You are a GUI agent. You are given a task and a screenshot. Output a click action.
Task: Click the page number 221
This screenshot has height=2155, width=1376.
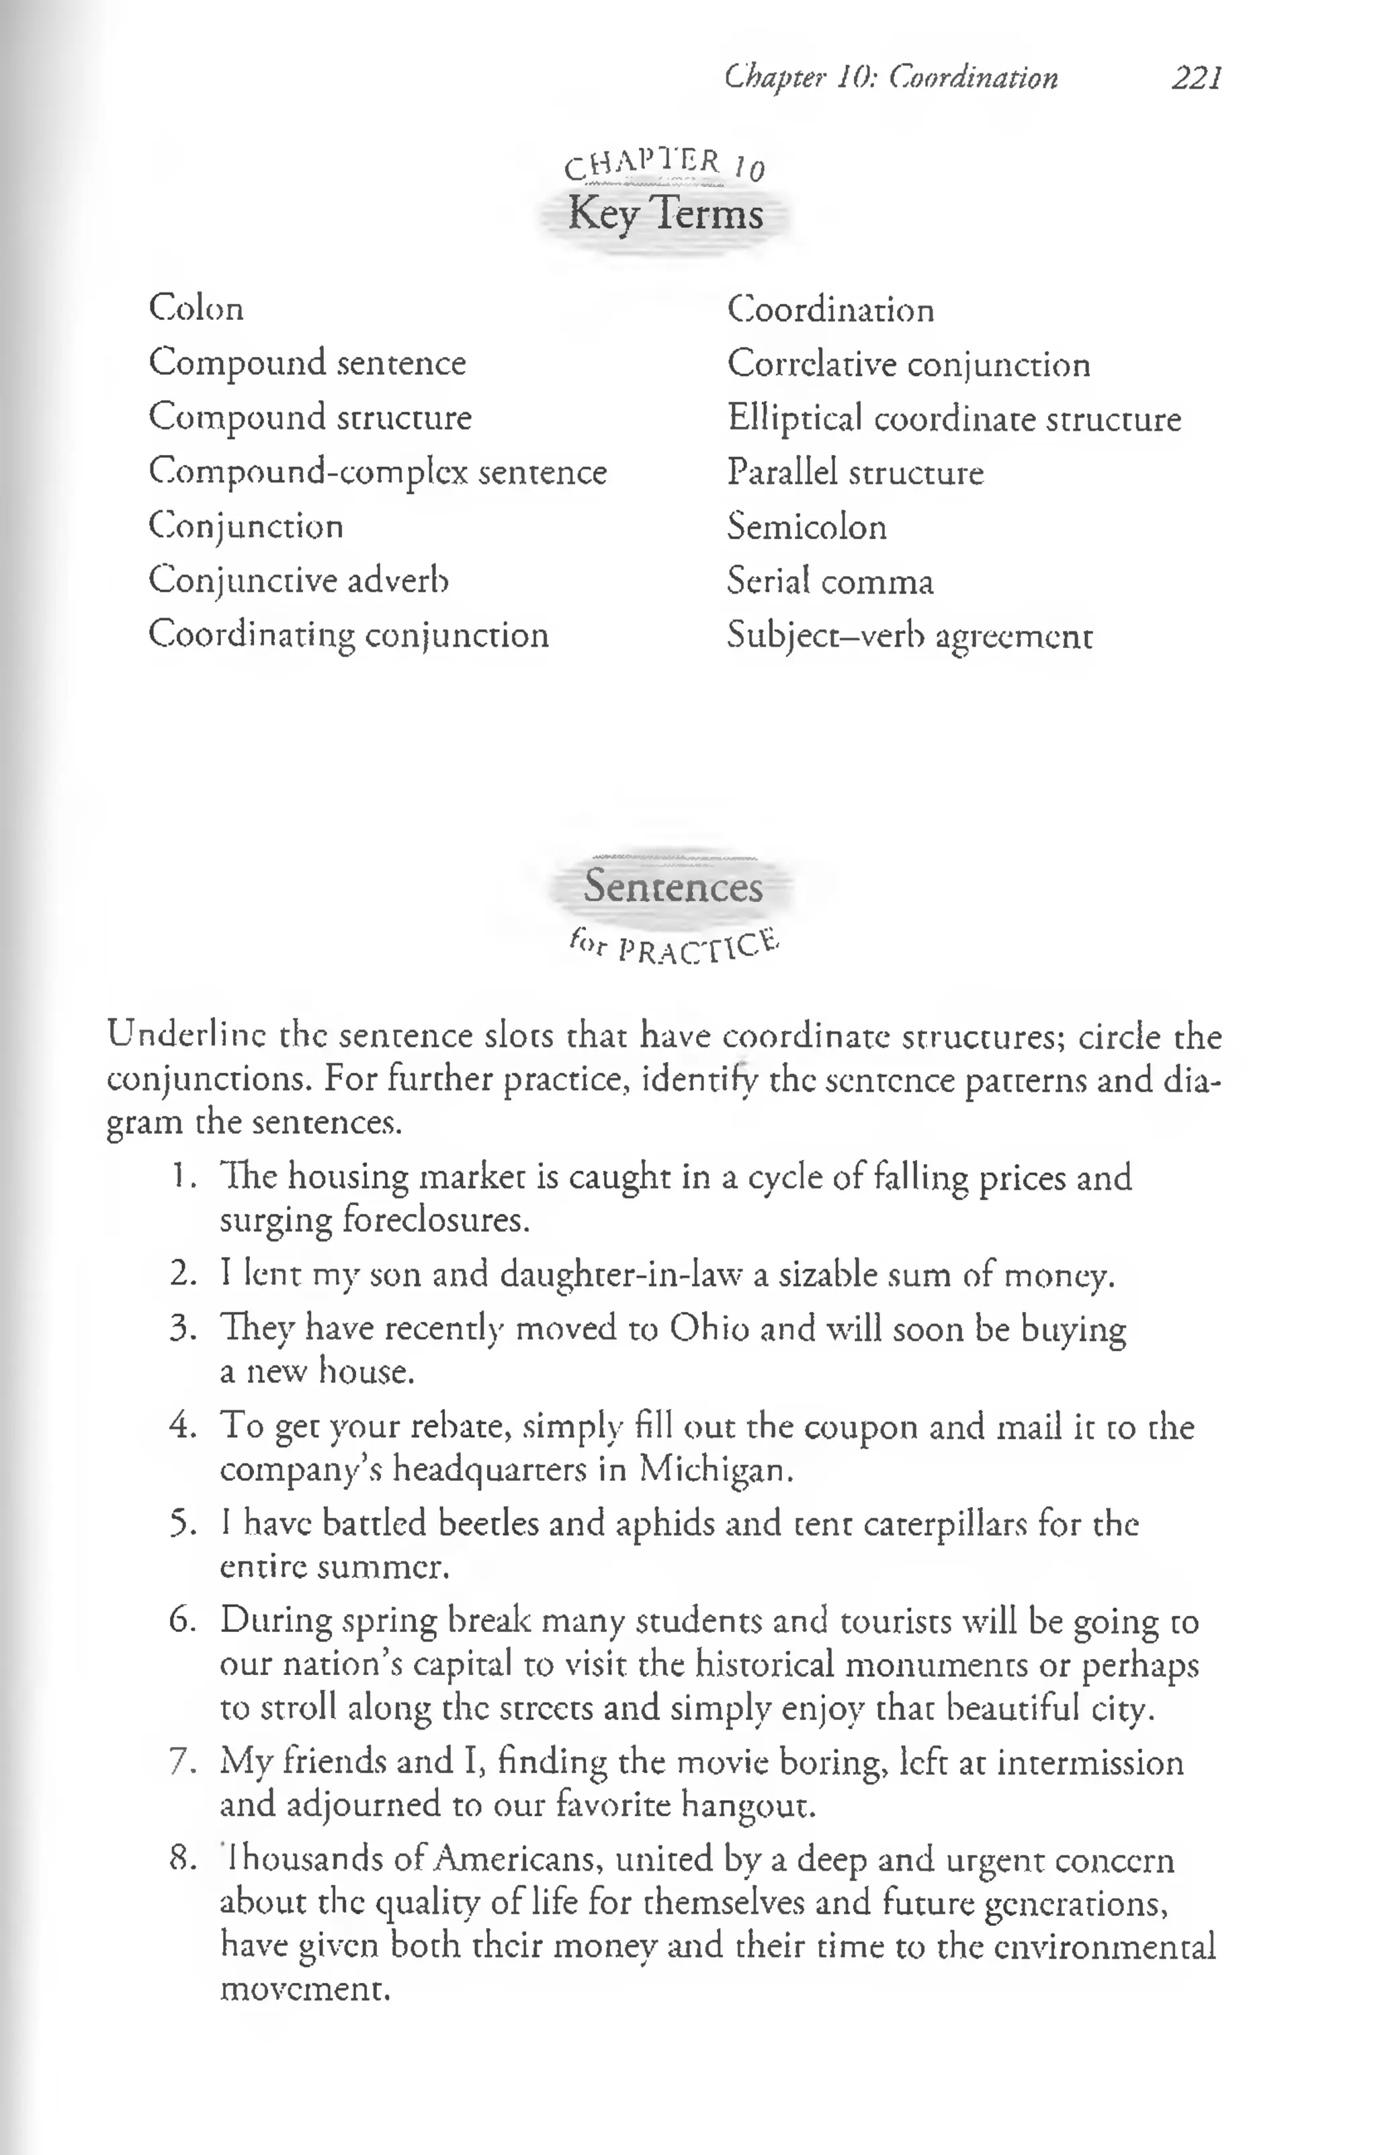point(1196,79)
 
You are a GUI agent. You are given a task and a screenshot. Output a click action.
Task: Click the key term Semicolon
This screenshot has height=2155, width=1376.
point(806,526)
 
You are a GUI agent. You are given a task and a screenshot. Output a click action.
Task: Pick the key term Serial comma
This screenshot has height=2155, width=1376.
point(829,581)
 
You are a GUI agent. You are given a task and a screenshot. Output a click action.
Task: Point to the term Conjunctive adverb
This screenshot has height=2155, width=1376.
point(298,581)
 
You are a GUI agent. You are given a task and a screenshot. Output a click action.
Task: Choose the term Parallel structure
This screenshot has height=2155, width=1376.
point(855,473)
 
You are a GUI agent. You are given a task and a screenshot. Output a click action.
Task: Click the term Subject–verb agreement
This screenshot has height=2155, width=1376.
point(909,637)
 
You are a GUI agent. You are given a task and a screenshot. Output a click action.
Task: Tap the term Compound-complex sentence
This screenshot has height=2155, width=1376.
point(378,472)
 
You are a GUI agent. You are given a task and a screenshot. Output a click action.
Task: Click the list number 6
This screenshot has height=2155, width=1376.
point(181,1621)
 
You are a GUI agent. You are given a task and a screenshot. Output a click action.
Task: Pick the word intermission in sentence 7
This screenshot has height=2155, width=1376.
point(1090,1763)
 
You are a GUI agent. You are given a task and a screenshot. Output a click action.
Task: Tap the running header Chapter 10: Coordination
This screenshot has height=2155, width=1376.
point(891,79)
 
